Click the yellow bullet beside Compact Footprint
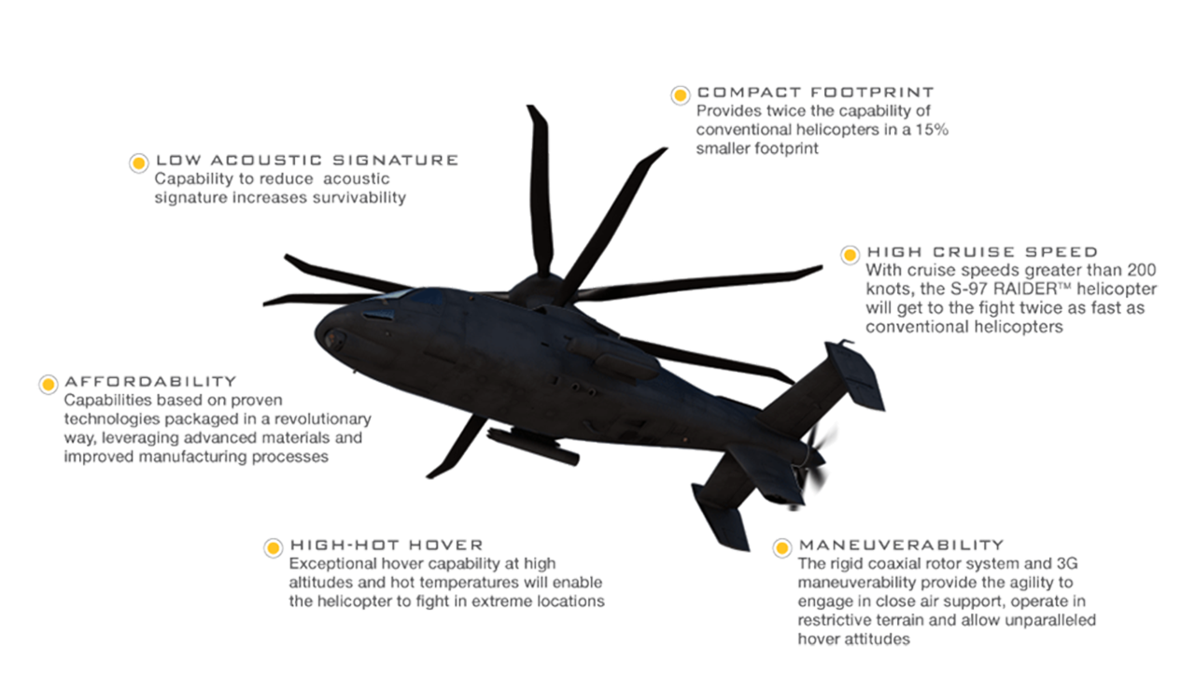(x=681, y=95)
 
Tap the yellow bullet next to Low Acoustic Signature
(x=139, y=163)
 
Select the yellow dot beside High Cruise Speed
(x=850, y=255)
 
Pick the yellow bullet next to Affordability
(x=48, y=385)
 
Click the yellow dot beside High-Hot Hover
(x=274, y=548)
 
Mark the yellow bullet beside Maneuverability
(x=782, y=548)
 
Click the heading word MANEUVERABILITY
(x=902, y=545)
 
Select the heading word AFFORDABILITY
(x=150, y=382)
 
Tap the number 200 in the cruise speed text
(x=1141, y=270)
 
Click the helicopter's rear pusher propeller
(x=816, y=463)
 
